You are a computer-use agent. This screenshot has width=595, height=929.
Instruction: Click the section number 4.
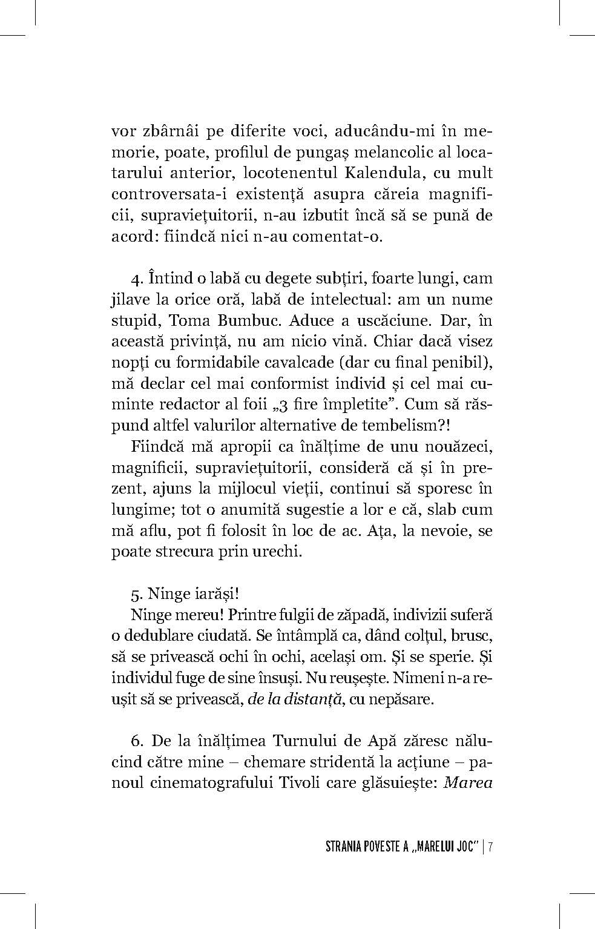tap(135, 279)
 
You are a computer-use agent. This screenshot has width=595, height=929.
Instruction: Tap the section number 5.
tap(136, 593)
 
